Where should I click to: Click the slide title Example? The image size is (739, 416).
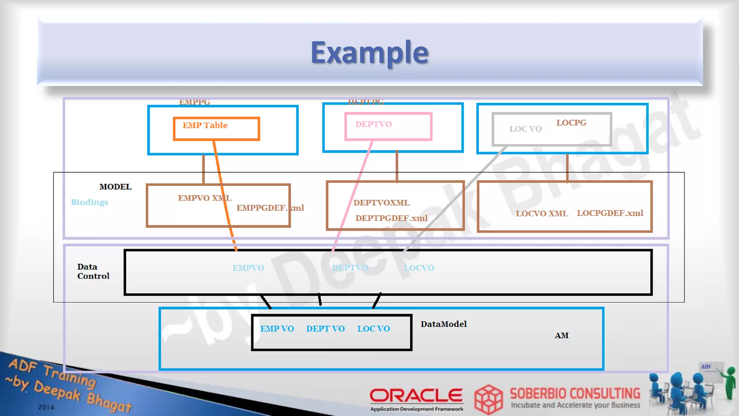(x=369, y=53)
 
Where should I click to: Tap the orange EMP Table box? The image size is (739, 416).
(x=216, y=129)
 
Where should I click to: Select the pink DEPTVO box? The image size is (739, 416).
(x=388, y=126)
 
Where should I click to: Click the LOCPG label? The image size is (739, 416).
(x=571, y=123)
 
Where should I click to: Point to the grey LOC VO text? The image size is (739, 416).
(x=525, y=129)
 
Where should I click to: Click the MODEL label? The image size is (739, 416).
(x=115, y=187)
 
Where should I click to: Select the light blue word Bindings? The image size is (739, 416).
(x=89, y=202)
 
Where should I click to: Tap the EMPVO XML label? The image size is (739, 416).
(x=205, y=198)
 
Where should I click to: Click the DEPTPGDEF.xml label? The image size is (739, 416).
(x=392, y=218)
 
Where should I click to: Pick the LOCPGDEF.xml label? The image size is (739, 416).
(x=610, y=213)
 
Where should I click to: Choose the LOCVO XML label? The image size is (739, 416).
(x=542, y=213)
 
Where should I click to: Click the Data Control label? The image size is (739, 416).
(x=93, y=272)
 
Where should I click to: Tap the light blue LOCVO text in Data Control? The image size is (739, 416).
(x=419, y=268)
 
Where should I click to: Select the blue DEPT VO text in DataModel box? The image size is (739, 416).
(x=325, y=329)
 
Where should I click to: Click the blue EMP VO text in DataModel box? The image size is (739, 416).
(x=277, y=329)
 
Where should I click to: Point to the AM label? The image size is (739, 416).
(x=561, y=335)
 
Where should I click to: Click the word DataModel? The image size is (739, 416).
(x=443, y=324)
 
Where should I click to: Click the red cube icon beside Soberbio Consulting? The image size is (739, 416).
(x=488, y=399)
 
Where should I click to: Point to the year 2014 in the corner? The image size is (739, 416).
(x=46, y=407)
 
